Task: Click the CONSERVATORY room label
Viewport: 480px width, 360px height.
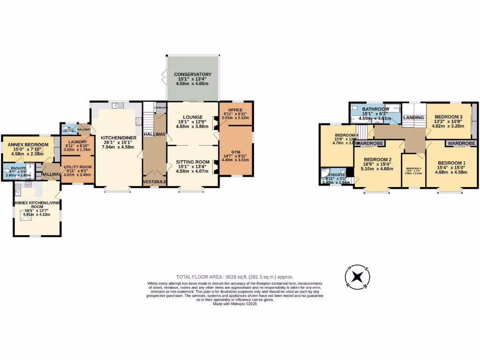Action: pyautogui.click(x=193, y=75)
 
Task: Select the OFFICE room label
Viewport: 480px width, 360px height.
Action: pyautogui.click(x=235, y=110)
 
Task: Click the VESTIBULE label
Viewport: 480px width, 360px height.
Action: pyautogui.click(x=155, y=182)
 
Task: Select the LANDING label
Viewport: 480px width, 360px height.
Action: pyautogui.click(x=413, y=117)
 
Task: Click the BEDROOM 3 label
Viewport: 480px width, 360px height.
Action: pyautogui.click(x=448, y=117)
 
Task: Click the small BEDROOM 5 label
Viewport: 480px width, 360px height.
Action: pyautogui.click(x=413, y=168)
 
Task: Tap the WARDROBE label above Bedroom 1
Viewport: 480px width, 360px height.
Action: pyautogui.click(x=461, y=143)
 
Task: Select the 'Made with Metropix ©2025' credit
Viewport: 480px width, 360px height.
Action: pyautogui.click(x=234, y=304)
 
